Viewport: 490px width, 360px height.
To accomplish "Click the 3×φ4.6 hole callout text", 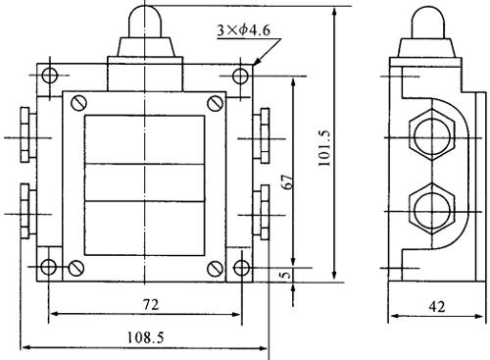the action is (244, 30).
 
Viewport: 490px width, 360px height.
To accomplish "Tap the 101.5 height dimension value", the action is (324, 148).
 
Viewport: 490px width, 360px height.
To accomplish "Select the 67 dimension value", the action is (287, 181).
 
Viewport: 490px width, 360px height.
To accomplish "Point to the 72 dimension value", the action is (151, 305).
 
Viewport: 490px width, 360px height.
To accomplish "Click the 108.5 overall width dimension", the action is (145, 337).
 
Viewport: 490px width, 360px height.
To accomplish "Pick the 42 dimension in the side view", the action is (437, 307).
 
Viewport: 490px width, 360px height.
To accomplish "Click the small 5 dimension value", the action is (286, 274).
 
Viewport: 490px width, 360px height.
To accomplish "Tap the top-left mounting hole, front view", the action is (50, 76).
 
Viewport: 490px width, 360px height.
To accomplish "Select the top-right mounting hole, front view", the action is (240, 77).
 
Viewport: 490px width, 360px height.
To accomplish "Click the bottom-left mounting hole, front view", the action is (48, 267).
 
